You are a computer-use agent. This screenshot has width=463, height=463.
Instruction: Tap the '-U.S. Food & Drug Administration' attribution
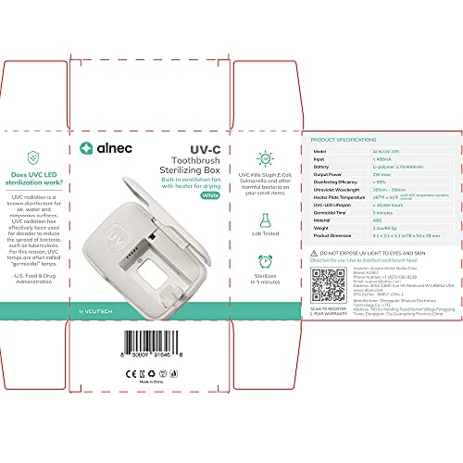point(36,282)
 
